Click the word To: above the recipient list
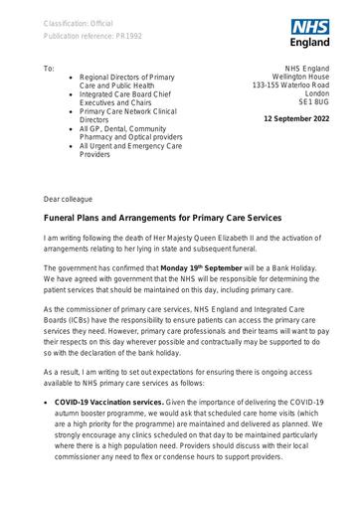tap(50, 70)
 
